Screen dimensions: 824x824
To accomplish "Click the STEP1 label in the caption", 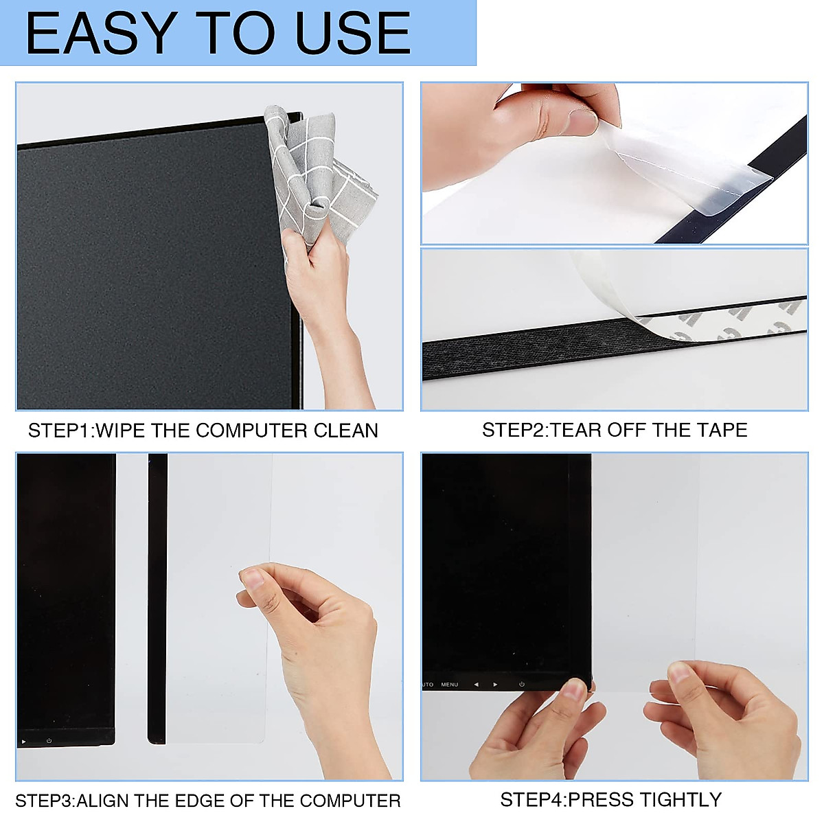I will coord(59,431).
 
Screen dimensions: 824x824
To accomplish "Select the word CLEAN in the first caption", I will coord(346,431).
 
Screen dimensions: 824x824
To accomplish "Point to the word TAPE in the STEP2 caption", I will coord(722,430).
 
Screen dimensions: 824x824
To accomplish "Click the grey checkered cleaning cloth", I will coord(319,179).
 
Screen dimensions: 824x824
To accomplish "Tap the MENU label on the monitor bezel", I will coord(450,685).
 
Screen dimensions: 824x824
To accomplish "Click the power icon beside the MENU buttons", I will coord(522,685).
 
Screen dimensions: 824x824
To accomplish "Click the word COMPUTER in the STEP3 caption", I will coord(350,801).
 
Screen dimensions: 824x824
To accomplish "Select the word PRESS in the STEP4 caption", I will coord(601,800).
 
